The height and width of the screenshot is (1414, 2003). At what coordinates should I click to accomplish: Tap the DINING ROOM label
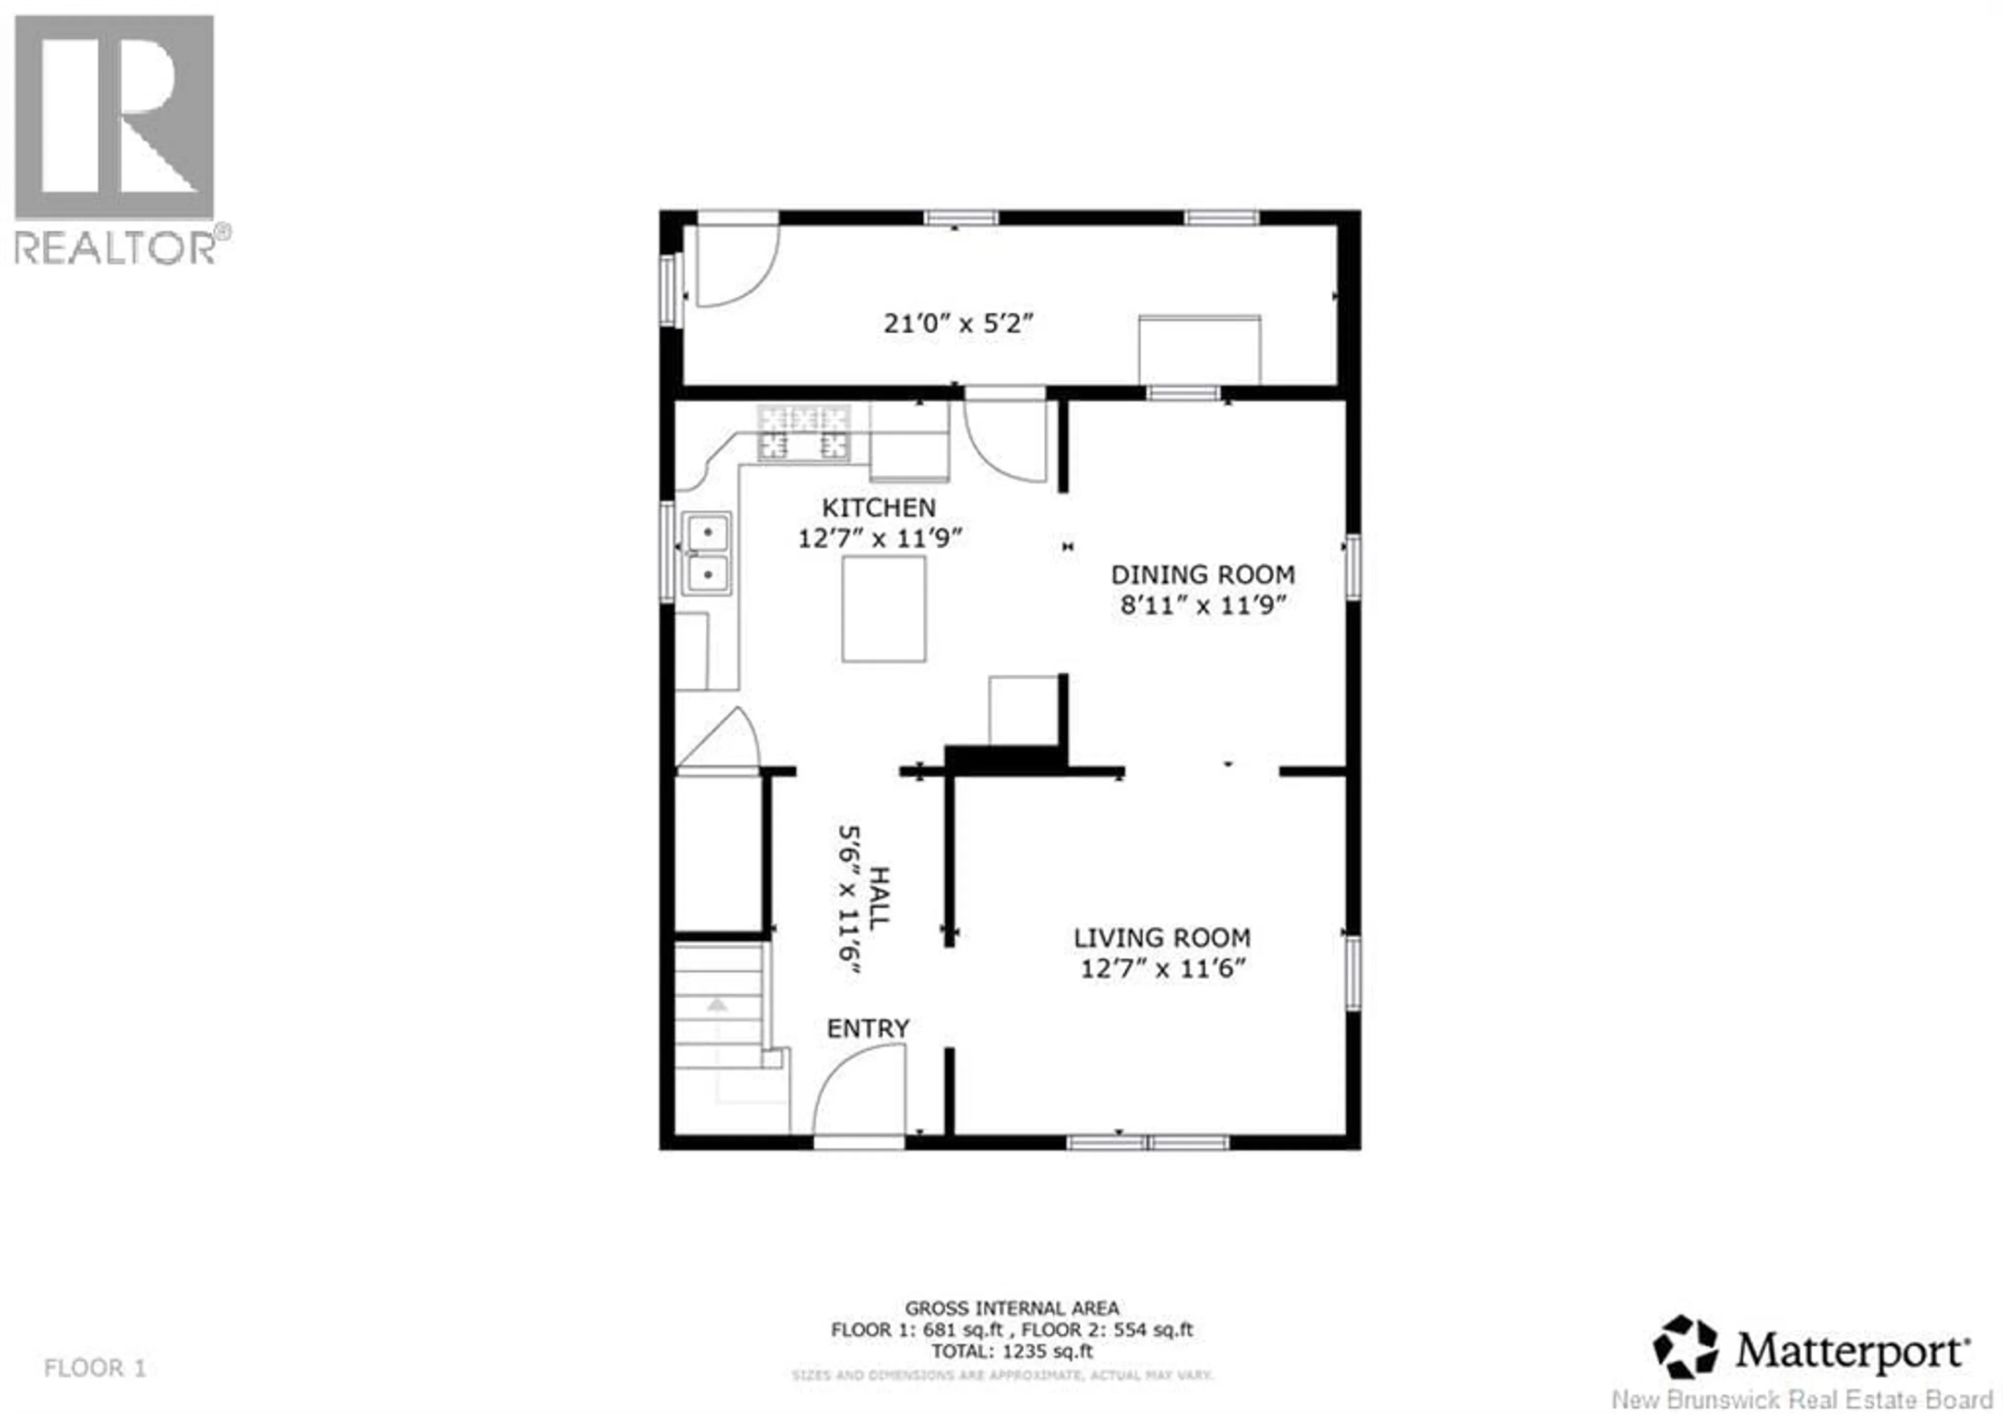pos(1202,575)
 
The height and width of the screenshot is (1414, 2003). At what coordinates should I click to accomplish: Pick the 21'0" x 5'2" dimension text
pos(958,323)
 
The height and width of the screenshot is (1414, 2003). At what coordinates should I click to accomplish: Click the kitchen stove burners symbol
pos(803,433)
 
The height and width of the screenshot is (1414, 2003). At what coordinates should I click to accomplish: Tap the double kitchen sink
pos(707,553)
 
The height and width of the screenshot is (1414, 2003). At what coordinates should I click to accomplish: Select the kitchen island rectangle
pos(884,609)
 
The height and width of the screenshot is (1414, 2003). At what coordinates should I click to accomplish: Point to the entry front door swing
pos(859,1091)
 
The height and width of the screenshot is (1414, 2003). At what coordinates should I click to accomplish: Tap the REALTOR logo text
pos(116,248)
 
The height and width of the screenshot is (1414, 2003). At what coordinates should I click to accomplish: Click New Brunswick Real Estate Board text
pos(1806,1399)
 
